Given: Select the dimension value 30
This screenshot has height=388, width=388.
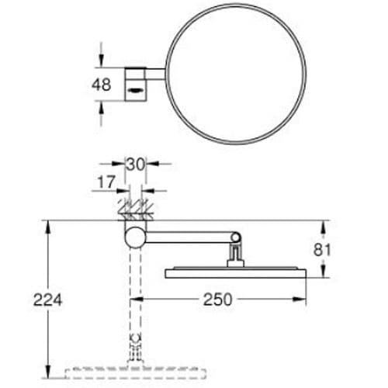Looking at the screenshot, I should click(136, 165).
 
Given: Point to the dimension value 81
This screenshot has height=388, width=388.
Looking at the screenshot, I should click(342, 250).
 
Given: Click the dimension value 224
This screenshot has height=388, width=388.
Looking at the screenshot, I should click(48, 299).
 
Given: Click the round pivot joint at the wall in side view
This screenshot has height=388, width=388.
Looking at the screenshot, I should click(136, 236).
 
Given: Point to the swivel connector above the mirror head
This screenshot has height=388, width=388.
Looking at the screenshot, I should click(234, 252).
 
